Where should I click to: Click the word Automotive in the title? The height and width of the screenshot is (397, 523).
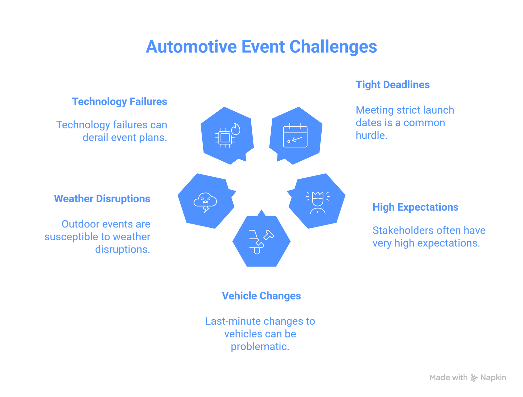[x=191, y=47]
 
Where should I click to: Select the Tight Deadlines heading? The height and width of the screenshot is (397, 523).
[x=393, y=85]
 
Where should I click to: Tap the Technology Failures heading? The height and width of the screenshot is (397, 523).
[x=119, y=102]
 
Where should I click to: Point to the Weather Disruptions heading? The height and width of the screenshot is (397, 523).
[x=102, y=199]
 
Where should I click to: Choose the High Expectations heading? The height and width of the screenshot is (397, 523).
[x=415, y=207]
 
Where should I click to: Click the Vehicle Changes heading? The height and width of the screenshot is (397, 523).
[x=261, y=296]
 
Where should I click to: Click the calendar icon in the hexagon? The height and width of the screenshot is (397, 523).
[x=295, y=136]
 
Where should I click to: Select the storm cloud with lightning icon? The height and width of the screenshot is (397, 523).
[x=205, y=202]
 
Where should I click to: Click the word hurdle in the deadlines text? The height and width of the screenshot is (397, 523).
[x=371, y=135]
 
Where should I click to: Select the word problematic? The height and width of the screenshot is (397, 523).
[x=260, y=347]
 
